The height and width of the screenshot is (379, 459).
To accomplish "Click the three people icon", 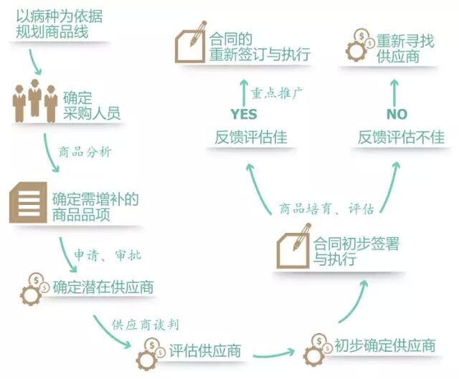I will [34, 103].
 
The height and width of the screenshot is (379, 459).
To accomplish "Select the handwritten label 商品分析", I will [85, 152].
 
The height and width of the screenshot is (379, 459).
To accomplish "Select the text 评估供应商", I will [204, 351].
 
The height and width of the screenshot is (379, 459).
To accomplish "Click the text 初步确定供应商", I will [384, 345].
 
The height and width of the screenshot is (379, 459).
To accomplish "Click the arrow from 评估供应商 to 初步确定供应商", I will [273, 353].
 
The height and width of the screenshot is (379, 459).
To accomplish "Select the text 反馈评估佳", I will [251, 138].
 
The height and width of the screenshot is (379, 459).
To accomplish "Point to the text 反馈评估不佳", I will [401, 138].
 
